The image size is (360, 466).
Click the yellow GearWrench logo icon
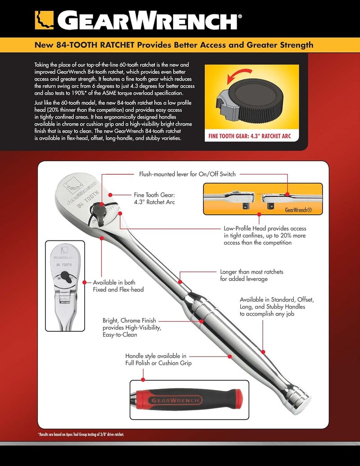pos(44,20)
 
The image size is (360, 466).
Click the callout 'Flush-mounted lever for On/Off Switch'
pos(187,174)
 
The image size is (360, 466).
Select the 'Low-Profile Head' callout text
pos(258,235)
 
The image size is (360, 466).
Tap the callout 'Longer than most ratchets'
pos(252,276)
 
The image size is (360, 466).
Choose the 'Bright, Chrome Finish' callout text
pos(131,327)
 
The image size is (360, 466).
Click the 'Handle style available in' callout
pos(158,359)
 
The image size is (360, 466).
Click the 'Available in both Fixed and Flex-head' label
pos(118,286)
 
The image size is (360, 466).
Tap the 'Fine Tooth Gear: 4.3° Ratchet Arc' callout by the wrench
pos(154,199)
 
